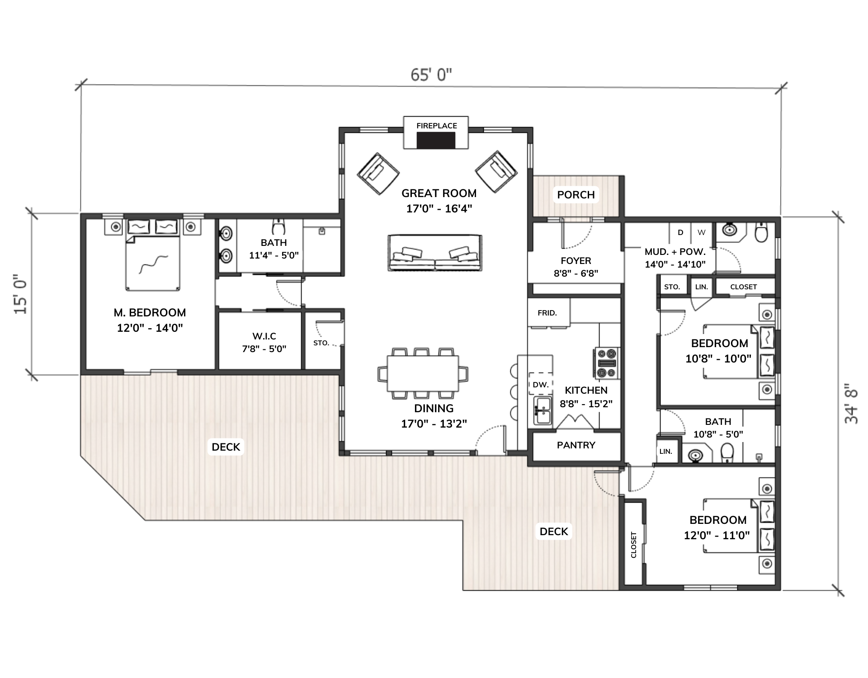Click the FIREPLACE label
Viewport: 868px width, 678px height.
pos(437,126)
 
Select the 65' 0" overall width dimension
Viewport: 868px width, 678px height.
pos(431,75)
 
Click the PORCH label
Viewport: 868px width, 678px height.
pos(576,195)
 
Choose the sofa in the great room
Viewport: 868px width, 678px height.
pos(435,253)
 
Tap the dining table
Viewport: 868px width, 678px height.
pos(423,373)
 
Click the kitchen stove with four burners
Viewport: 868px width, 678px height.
pos(607,363)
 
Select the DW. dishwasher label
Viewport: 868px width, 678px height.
pos(541,385)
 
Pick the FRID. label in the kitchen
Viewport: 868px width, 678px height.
pos(547,313)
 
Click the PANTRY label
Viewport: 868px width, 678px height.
pos(576,445)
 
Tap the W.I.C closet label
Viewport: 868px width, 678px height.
pos(264,336)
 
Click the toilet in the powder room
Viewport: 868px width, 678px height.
pos(762,232)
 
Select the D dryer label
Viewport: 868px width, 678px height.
pos(680,233)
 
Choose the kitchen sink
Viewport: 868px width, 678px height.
pos(542,410)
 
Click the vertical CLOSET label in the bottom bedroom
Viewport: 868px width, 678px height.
pos(633,545)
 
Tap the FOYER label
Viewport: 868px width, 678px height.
pos(576,261)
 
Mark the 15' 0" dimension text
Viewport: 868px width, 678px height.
pos(21,294)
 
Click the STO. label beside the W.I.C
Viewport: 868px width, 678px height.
pos(321,343)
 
